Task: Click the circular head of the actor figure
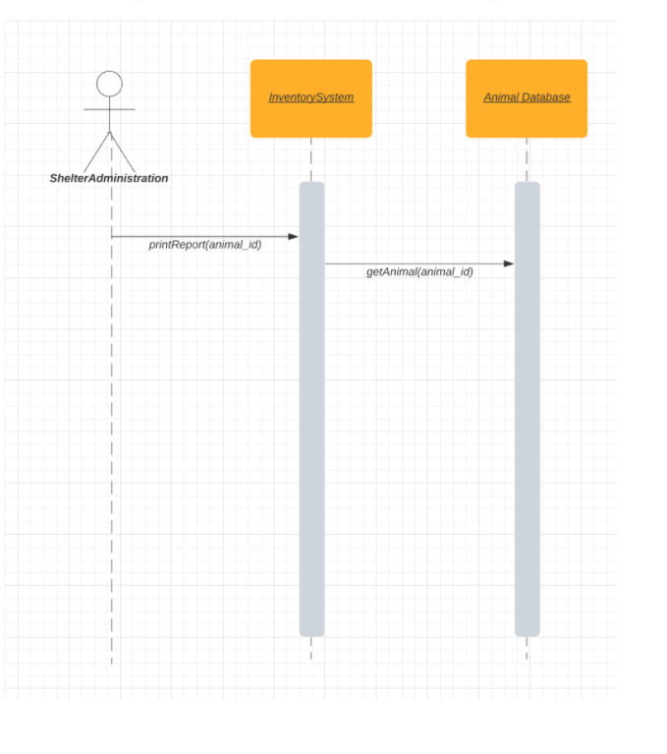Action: point(109,84)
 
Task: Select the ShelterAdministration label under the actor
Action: point(109,178)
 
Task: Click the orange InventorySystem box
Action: point(310,98)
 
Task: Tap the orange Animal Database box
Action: point(527,98)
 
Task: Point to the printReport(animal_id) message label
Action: point(205,245)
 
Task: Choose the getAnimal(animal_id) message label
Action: point(419,272)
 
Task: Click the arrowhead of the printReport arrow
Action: point(293,237)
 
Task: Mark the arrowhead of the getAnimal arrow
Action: point(509,263)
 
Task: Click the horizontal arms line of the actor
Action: point(109,110)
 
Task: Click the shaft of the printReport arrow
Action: point(196,237)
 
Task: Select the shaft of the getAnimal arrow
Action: point(413,263)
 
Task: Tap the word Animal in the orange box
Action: point(501,98)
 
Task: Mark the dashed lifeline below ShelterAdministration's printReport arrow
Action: point(111,442)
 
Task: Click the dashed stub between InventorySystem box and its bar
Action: point(311,159)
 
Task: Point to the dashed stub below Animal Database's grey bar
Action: point(528,648)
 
